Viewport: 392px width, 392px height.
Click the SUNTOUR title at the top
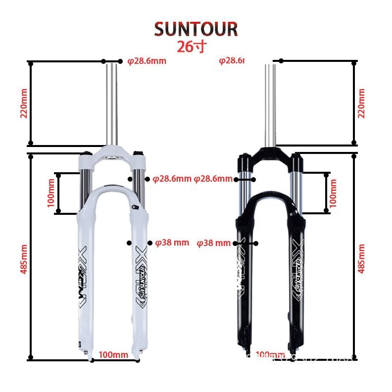(196, 29)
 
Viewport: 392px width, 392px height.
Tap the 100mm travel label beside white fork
(51, 193)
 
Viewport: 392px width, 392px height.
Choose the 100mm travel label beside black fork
(333, 193)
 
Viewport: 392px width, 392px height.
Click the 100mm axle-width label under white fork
(113, 355)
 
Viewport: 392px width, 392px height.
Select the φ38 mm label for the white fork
(172, 243)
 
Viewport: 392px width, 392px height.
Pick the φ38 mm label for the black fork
(214, 243)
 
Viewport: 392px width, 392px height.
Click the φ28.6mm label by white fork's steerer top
(147, 61)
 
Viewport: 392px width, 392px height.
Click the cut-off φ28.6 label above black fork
(232, 61)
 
